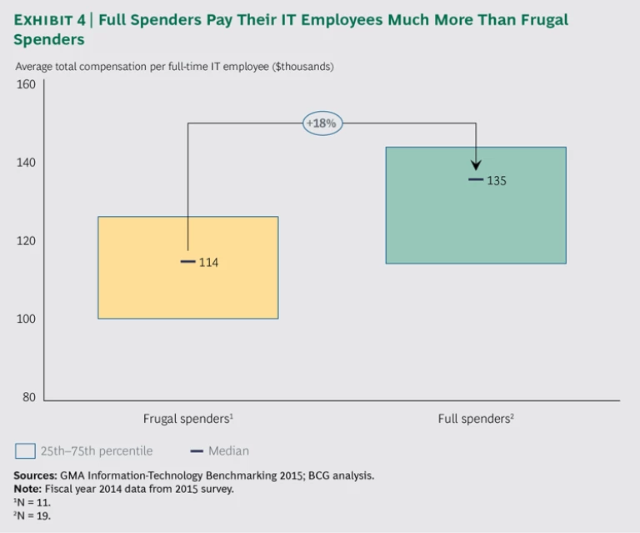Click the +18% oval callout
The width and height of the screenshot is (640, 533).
click(322, 123)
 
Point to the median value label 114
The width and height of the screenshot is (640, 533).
click(208, 263)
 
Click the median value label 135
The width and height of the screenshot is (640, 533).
click(496, 180)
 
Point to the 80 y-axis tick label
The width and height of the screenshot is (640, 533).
click(29, 397)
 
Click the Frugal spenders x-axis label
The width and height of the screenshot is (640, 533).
click(187, 419)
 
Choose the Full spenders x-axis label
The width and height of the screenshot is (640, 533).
click(476, 419)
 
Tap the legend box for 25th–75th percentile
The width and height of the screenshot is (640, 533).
click(25, 451)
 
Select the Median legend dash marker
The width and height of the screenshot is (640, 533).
click(197, 451)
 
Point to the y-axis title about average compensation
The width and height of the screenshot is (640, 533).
click(174, 67)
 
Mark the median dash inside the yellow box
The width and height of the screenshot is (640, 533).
click(187, 262)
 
